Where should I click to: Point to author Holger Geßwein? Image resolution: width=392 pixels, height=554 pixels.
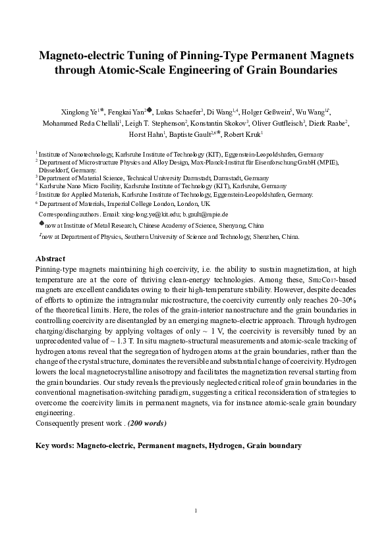pos(268,112)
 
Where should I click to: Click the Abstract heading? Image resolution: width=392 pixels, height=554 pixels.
pos(50,259)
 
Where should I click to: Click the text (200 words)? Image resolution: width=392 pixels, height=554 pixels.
pos(143,422)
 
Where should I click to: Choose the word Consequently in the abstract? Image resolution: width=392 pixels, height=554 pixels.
pos(59,422)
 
